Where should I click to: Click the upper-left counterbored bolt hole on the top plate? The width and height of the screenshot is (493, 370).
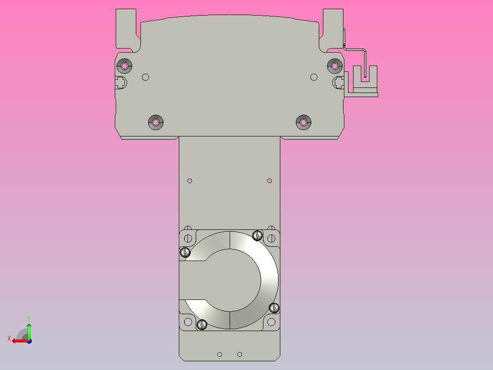(x=124, y=66)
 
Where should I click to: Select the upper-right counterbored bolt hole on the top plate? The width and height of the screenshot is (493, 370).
(x=335, y=66)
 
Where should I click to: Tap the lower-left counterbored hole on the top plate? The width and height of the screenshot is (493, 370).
(x=156, y=122)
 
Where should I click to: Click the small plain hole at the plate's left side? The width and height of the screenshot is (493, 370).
(x=145, y=77)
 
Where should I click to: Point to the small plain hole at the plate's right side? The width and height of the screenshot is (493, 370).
(x=314, y=77)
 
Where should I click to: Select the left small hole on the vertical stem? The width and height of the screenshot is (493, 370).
(x=190, y=181)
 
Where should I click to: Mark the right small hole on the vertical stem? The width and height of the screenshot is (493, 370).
(x=269, y=181)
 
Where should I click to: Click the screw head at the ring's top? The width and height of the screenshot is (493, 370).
(x=257, y=236)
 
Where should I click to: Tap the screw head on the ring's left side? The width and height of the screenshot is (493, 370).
(x=185, y=252)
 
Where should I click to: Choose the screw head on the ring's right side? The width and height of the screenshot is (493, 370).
(x=274, y=307)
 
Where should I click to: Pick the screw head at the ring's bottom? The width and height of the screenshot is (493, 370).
(x=202, y=325)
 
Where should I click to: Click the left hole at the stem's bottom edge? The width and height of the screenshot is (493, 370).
(x=220, y=354)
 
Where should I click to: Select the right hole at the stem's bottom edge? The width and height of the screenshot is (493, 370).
(x=240, y=354)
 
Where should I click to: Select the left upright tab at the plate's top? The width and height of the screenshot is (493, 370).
(x=126, y=27)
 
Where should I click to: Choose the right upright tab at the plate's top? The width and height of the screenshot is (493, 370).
(x=332, y=27)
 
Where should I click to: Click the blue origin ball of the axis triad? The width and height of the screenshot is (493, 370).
(x=29, y=341)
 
